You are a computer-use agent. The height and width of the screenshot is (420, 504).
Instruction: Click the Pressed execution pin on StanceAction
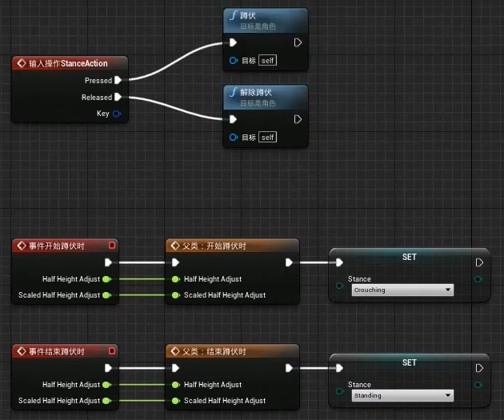(118, 80)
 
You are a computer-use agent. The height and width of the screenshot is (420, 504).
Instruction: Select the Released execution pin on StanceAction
(118, 97)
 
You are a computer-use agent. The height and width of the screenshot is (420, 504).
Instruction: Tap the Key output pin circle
(117, 114)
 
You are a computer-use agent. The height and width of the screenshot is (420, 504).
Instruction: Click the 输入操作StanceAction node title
(68, 63)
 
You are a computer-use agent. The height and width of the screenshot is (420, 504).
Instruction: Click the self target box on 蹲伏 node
(268, 60)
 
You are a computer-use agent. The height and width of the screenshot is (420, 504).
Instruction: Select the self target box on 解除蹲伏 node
(268, 137)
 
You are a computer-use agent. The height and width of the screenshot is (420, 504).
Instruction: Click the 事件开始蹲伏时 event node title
(57, 246)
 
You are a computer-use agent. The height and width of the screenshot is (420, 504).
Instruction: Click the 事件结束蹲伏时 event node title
(57, 351)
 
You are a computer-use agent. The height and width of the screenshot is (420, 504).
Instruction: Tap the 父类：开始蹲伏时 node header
(215, 246)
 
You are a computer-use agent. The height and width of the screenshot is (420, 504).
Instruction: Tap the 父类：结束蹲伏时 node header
(215, 351)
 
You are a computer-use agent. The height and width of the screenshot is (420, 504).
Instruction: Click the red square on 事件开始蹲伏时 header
(112, 246)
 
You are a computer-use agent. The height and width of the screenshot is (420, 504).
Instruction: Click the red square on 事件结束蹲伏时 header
(112, 351)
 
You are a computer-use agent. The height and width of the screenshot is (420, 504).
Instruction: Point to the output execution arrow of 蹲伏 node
(298, 42)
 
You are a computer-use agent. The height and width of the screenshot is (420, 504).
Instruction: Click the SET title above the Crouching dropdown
(409, 257)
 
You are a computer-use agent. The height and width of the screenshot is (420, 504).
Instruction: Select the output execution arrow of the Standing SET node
(478, 368)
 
